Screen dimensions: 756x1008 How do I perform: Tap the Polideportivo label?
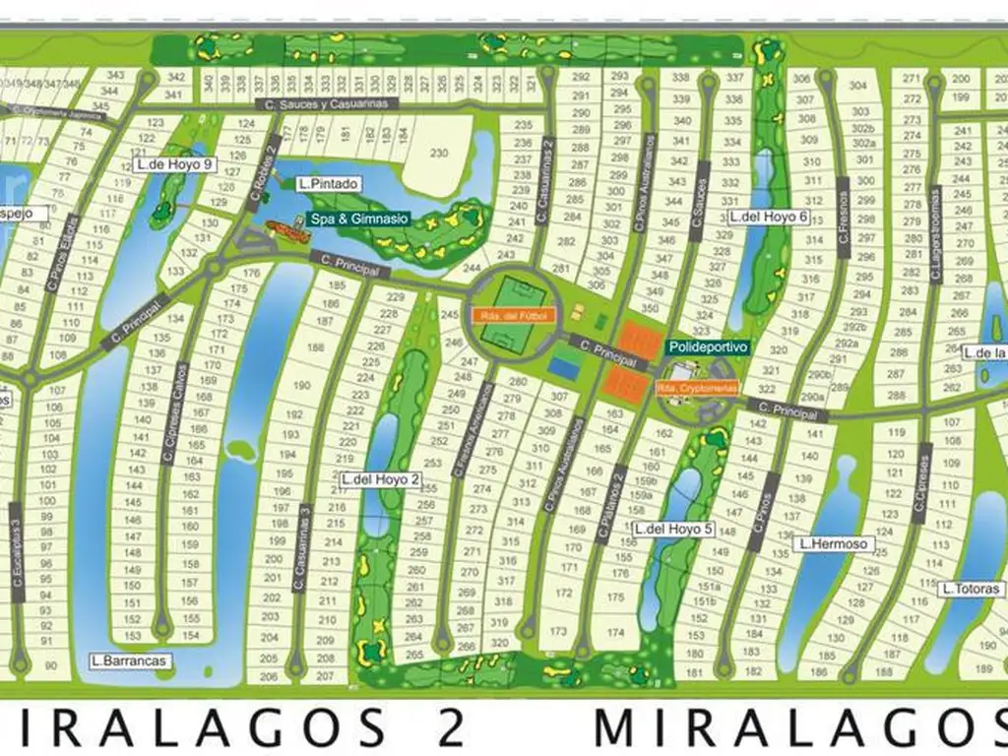coord(707,347)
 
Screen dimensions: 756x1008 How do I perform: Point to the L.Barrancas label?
coord(128,661)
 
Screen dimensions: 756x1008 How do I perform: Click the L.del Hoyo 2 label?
coord(381,479)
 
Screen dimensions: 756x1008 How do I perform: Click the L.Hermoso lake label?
coord(833,542)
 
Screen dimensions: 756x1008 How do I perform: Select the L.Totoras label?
coord(971,589)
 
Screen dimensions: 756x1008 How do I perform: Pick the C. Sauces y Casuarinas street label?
coord(325,103)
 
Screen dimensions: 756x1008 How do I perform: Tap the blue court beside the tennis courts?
coord(565,367)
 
